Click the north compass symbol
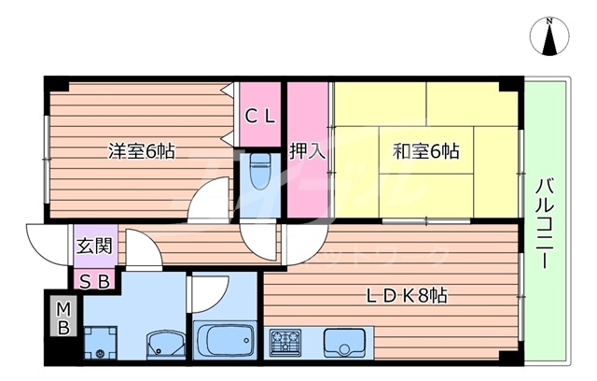[549, 37]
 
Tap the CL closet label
[260, 116]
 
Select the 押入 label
[307, 150]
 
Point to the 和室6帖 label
[425, 150]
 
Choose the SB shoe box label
[94, 279]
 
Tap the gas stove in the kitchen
[285, 342]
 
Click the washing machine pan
[100, 342]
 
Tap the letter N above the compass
[550, 21]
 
